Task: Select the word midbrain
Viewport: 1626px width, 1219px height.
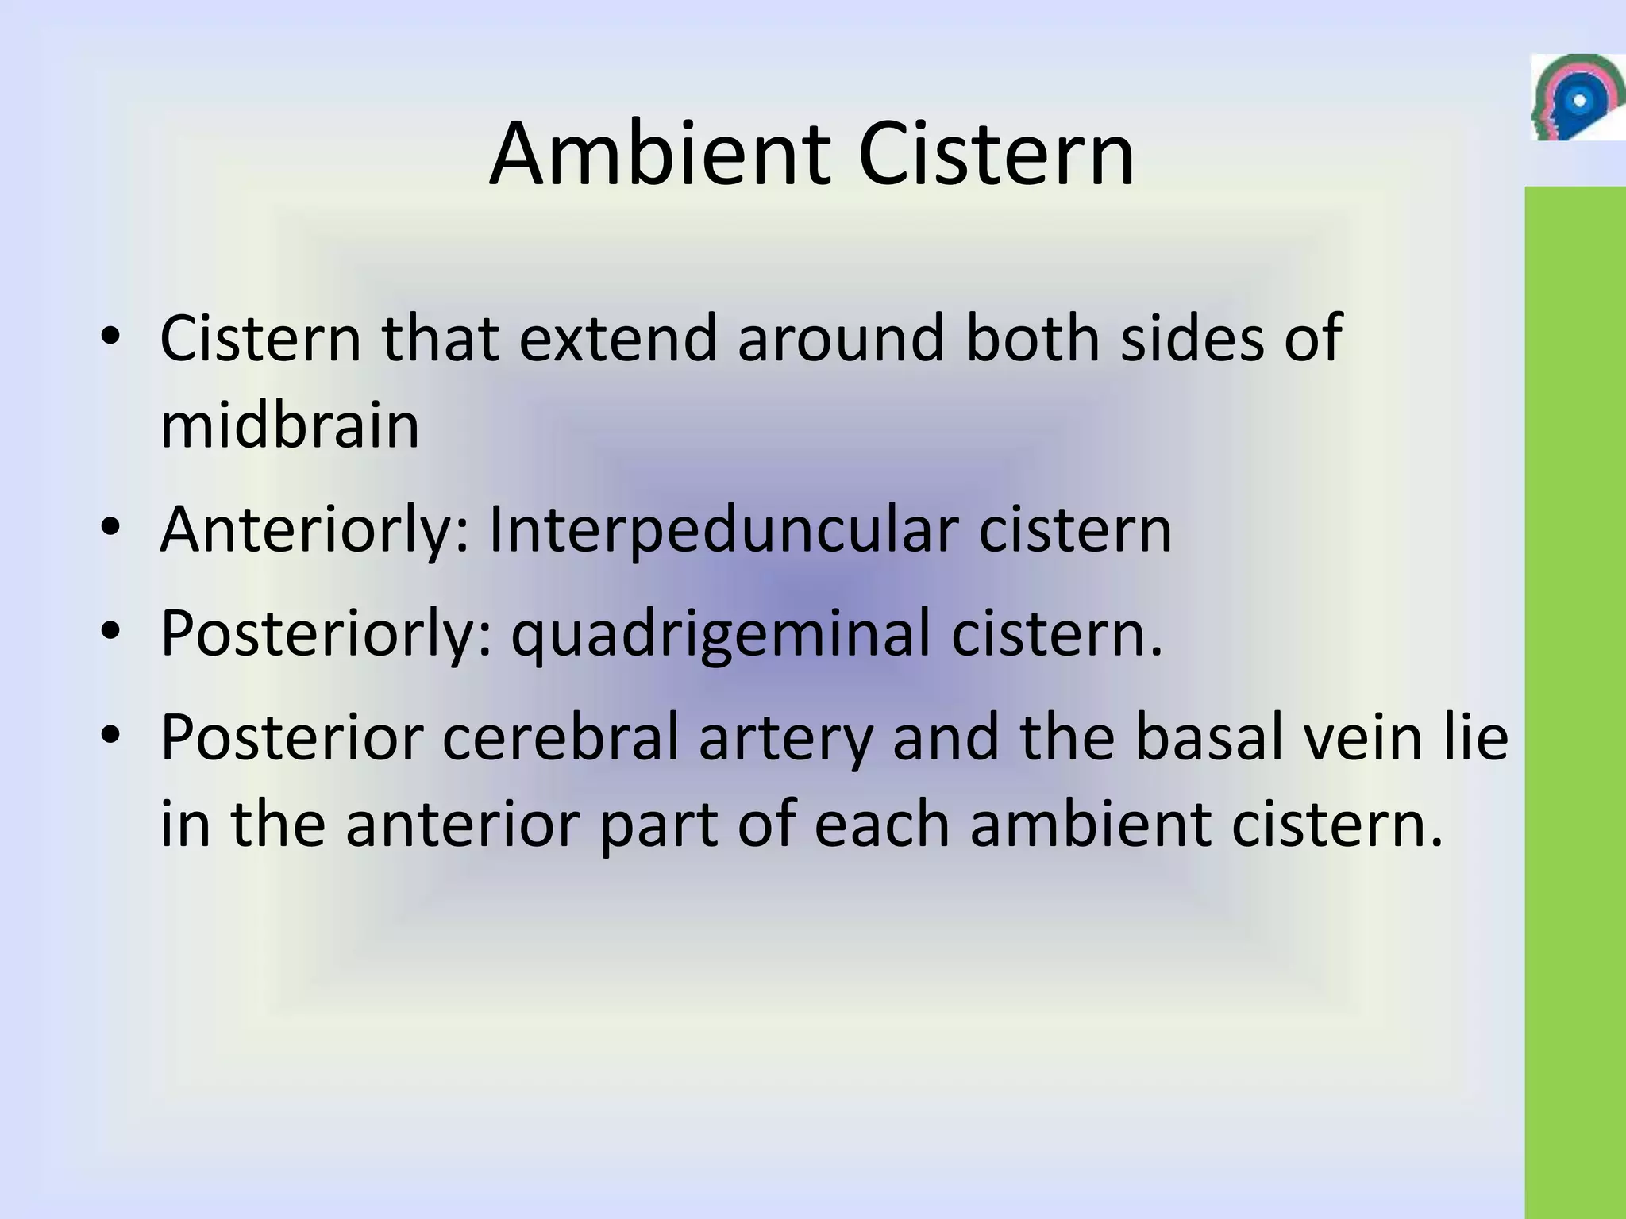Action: (x=290, y=425)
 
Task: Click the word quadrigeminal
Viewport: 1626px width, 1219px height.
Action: (x=720, y=634)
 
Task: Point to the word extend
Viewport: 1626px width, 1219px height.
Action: (x=618, y=338)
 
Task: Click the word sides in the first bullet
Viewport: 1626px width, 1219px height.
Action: (x=1191, y=338)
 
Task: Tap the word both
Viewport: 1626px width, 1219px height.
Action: (x=1033, y=338)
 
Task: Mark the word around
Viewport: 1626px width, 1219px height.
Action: (x=841, y=338)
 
